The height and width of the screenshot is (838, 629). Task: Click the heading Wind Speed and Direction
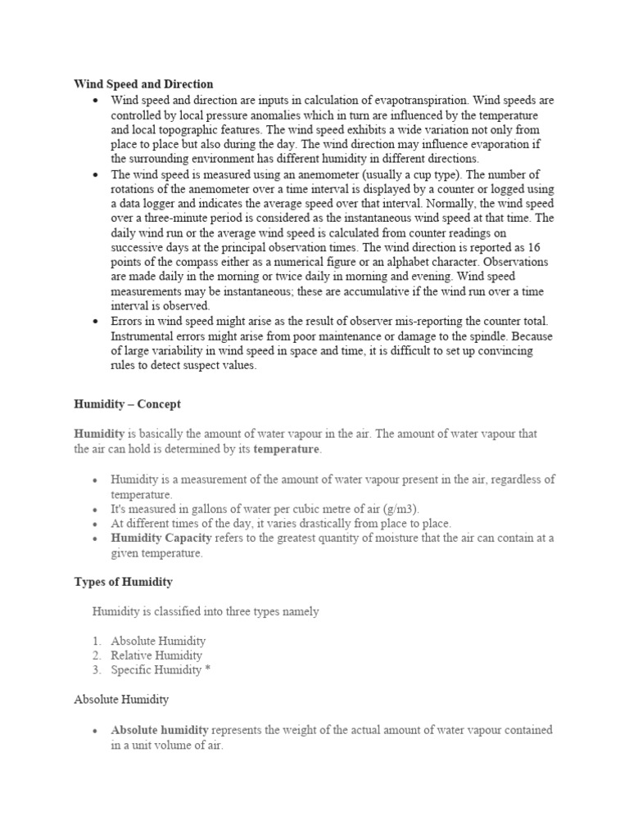coord(143,84)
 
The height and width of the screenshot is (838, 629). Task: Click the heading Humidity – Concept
coord(127,404)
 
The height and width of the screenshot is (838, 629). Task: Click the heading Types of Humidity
coord(124,582)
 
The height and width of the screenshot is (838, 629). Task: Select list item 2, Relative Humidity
coord(156,656)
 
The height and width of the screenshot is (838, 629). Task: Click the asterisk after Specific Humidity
coord(208,670)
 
